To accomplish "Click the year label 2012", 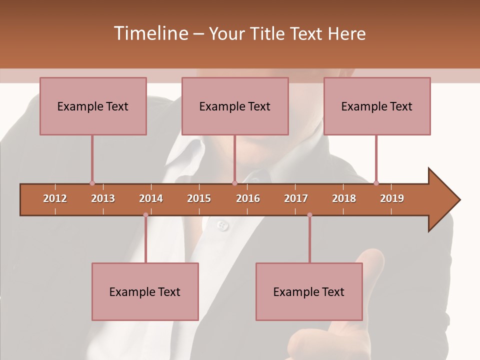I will [x=55, y=198].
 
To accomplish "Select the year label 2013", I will [x=103, y=198].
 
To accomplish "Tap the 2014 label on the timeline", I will [x=151, y=198].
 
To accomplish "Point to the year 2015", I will [x=199, y=198].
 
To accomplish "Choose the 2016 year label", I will [x=248, y=198].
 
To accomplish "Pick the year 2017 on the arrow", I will [x=296, y=198].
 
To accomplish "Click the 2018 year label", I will [x=344, y=198].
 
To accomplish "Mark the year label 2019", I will [x=392, y=198].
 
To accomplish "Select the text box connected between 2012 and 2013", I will [x=93, y=106].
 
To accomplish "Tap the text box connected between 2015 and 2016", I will [x=235, y=106].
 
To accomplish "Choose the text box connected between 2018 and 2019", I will [x=377, y=106].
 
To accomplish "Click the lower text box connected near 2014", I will [x=145, y=291].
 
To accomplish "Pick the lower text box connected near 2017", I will [x=309, y=291].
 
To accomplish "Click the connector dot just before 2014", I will [x=145, y=215].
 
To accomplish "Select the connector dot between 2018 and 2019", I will [x=376, y=183].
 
